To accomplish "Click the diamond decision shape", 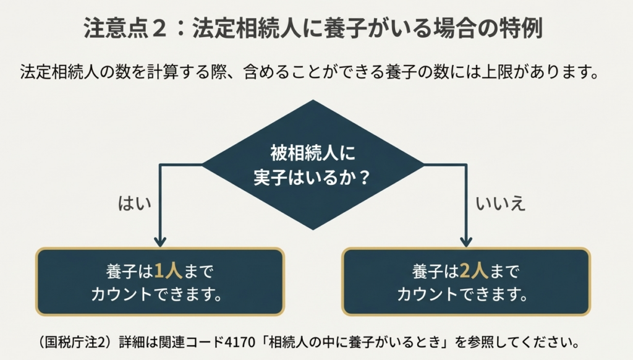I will pyautogui.click(x=313, y=165).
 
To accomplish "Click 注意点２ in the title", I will pyautogui.click(x=127, y=29).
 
